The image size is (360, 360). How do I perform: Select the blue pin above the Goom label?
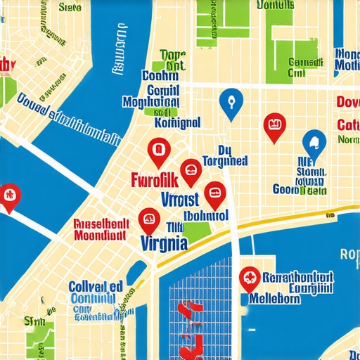point(314,143)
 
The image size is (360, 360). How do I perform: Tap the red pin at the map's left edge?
point(8,195)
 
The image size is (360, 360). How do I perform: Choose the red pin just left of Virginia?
point(148,220)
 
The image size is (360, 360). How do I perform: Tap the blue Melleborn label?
point(274,298)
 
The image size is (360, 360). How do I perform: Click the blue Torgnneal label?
point(225,160)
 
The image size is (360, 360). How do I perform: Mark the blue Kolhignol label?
point(176,124)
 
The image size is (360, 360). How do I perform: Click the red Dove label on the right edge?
point(348,103)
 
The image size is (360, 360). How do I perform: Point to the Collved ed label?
point(96,287)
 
